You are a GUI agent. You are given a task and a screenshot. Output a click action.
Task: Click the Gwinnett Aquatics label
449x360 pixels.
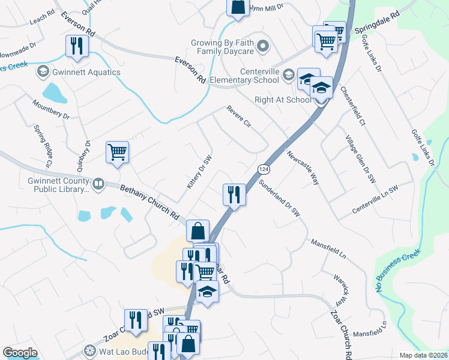coord(86,73)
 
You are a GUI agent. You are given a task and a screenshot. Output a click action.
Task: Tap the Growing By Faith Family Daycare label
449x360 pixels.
coord(223,47)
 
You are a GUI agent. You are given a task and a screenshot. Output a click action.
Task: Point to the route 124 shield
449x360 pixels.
coord(263,169)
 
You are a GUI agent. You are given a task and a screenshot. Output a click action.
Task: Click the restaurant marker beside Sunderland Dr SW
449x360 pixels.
coord(234,194)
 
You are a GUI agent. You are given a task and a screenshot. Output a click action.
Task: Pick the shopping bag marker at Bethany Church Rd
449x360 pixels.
coord(197,230)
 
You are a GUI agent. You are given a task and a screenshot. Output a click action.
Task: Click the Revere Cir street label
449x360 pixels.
coord(238,116)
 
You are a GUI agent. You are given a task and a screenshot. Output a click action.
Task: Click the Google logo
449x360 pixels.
coord(20,353)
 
